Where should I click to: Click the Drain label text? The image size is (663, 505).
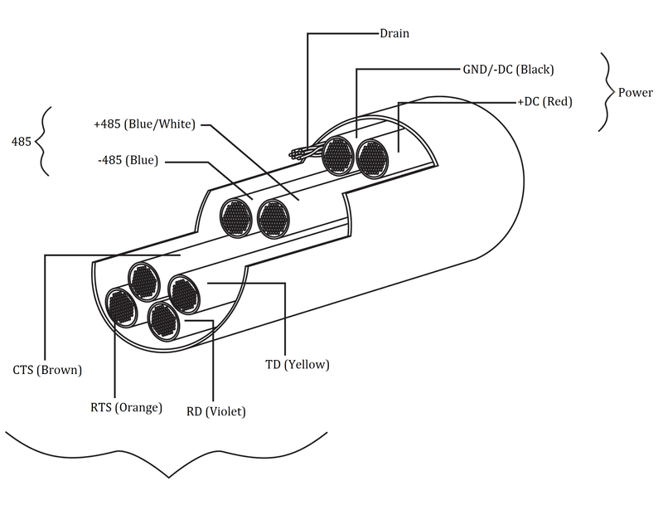tap(394, 34)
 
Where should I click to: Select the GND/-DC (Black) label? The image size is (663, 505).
tap(508, 69)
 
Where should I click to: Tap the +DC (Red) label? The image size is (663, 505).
tap(544, 102)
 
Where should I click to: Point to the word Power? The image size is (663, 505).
tap(635, 92)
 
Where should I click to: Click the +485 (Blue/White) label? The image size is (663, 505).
tap(144, 125)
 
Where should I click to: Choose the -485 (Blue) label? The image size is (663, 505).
tap(126, 160)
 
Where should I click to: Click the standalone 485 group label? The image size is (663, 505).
tap(21, 142)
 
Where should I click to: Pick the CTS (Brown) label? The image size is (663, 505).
tap(48, 370)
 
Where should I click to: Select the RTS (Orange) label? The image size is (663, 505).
tap(126, 407)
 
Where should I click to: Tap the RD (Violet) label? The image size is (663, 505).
tap(215, 410)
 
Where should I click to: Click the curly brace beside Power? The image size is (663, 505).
tap(607, 92)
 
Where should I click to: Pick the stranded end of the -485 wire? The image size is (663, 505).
tap(236, 218)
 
